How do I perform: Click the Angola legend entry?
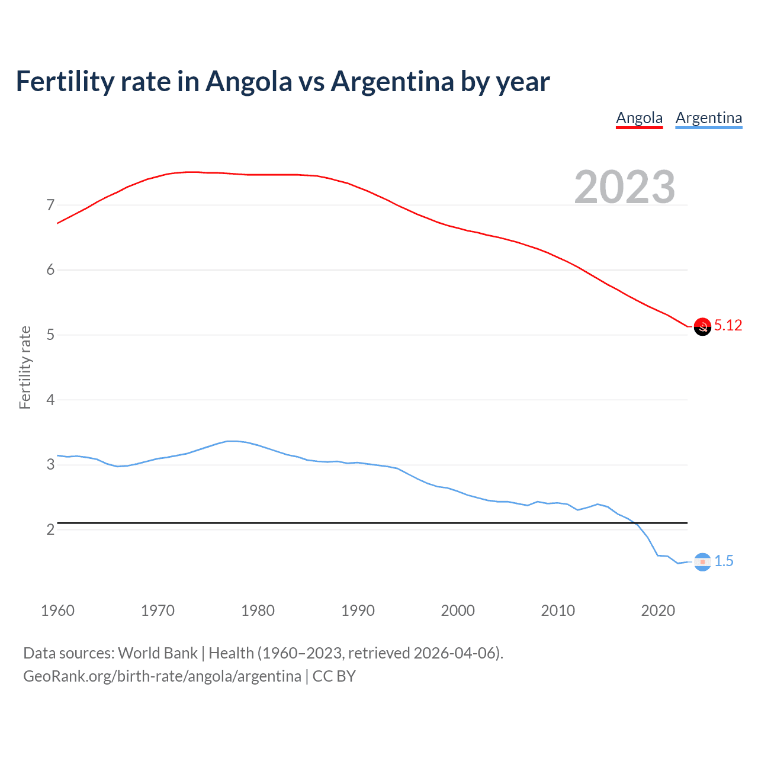(x=639, y=118)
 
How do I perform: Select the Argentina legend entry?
(x=708, y=118)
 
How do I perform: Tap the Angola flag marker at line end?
(x=702, y=326)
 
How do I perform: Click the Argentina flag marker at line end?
(x=702, y=562)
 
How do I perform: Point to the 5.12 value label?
(x=728, y=325)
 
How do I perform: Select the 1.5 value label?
(x=724, y=561)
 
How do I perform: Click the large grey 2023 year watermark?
(x=625, y=187)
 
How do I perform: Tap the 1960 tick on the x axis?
(x=57, y=611)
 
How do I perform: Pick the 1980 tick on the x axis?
(x=258, y=611)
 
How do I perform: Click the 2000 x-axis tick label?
(x=458, y=611)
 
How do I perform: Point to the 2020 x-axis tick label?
(x=658, y=611)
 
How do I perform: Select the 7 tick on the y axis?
(x=50, y=205)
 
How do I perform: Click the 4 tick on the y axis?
(x=50, y=400)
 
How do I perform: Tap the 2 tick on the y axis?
(x=50, y=529)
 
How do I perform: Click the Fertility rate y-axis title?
(x=25, y=367)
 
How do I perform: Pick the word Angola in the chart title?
(x=249, y=81)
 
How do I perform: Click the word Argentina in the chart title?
(x=393, y=81)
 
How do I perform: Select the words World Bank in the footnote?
(x=158, y=653)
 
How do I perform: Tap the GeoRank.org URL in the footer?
(x=162, y=676)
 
